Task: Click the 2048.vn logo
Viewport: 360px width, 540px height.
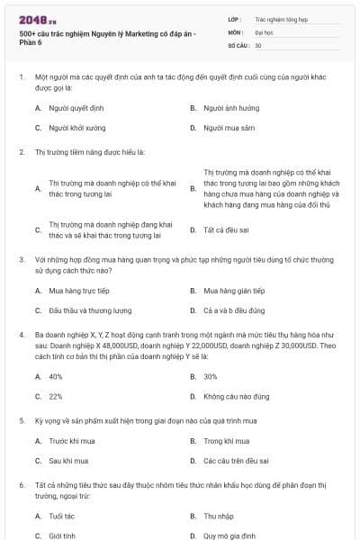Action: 37,19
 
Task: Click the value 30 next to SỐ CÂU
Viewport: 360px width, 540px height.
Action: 258,44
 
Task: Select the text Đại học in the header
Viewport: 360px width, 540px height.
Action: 263,31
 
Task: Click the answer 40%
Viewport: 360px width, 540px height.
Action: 56,376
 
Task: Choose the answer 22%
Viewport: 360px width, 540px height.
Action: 56,396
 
